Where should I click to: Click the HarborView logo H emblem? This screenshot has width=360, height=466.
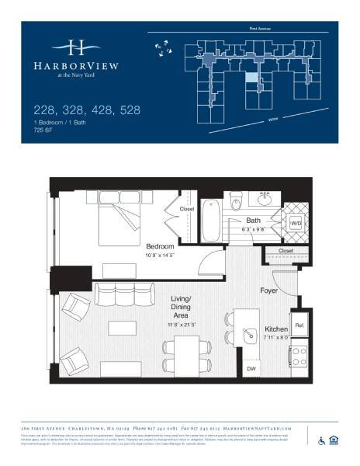point(75,46)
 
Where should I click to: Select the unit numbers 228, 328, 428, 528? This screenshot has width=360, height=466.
point(86,110)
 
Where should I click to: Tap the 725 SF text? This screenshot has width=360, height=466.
point(43,130)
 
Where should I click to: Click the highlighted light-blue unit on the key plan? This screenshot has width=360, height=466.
point(251,78)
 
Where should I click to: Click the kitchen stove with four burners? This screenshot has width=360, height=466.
point(299,359)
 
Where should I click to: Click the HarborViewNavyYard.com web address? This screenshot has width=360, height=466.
point(252,428)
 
